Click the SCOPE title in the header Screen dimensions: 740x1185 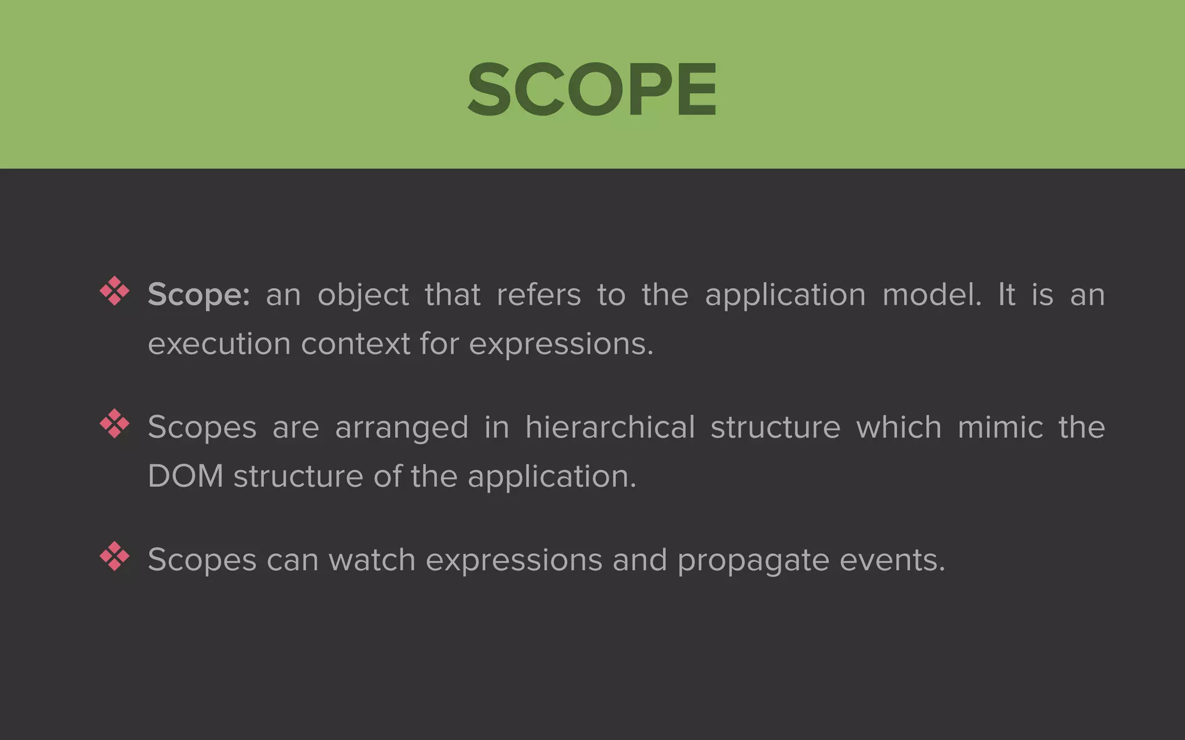pos(592,90)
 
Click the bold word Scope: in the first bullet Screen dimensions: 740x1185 pos(198,295)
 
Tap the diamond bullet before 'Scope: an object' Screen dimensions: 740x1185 pos(115,291)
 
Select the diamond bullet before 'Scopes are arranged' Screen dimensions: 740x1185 pos(115,423)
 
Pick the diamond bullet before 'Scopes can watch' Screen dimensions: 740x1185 pos(115,556)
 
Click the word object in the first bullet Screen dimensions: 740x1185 pos(363,295)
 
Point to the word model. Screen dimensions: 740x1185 pos(932,295)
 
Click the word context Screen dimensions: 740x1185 pos(355,344)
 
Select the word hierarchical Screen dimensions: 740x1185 pos(610,428)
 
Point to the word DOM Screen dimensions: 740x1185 pos(186,476)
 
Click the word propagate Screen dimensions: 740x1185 pos(753,561)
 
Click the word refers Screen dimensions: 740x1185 pos(539,295)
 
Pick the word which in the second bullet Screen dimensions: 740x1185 pos(899,428)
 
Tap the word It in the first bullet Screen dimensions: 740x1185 pos(1007,295)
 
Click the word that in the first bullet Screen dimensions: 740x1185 pos(452,295)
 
